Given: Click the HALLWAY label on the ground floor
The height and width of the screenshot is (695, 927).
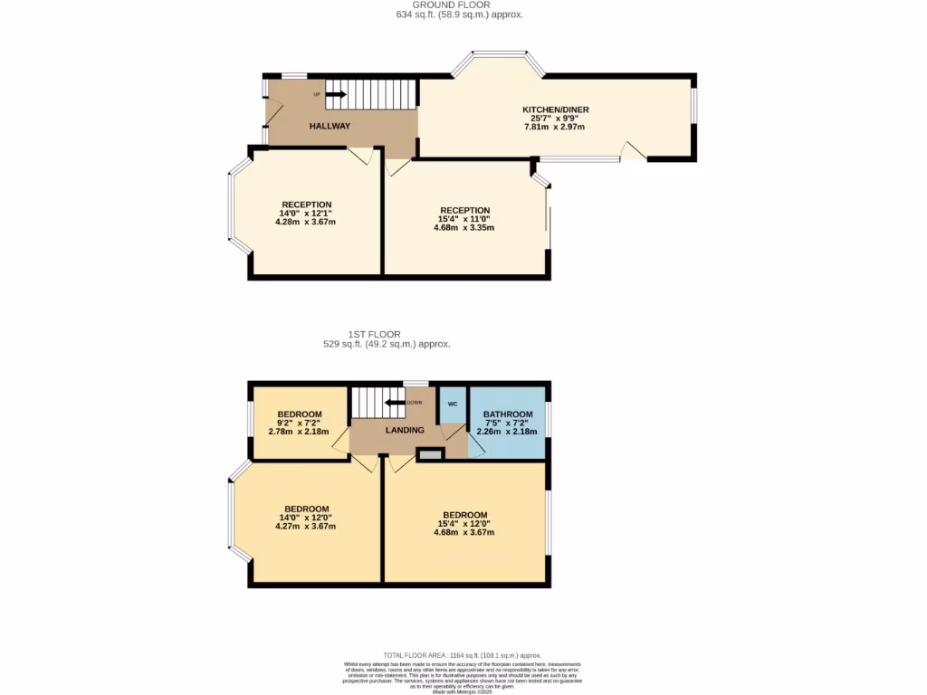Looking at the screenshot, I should point(330,126).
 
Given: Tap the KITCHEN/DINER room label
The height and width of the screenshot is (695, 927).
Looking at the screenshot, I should point(555,109).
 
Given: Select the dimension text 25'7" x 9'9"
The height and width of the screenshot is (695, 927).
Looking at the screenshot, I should point(555,119).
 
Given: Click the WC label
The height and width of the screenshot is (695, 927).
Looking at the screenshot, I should point(452,404).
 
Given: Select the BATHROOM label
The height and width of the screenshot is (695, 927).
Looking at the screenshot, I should point(507,414).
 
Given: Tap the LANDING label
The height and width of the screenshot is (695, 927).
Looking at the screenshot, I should point(405,430).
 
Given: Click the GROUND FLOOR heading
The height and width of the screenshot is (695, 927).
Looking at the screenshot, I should point(458,5).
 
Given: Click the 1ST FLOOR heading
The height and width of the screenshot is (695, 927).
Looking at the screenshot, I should point(387,334).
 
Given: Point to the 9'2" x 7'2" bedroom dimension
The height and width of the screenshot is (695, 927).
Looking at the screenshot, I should point(299,423).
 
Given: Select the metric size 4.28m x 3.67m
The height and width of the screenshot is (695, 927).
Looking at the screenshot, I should point(306,222).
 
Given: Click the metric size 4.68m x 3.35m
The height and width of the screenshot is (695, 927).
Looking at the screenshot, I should point(463,227).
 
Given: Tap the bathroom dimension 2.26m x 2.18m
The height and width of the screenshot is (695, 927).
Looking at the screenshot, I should point(507,432).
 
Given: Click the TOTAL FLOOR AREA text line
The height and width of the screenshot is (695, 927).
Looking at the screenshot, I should point(462,655).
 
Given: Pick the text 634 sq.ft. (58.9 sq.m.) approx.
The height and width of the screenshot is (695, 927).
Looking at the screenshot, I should point(459,14).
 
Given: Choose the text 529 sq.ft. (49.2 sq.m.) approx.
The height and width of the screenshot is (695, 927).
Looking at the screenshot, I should point(387,344).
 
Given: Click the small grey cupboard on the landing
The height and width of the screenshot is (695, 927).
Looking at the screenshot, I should point(430,454).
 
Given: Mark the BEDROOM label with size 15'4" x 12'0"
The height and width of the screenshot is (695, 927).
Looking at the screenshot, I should point(464,515).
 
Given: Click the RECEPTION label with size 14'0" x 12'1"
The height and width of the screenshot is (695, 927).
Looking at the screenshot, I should point(306,205).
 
